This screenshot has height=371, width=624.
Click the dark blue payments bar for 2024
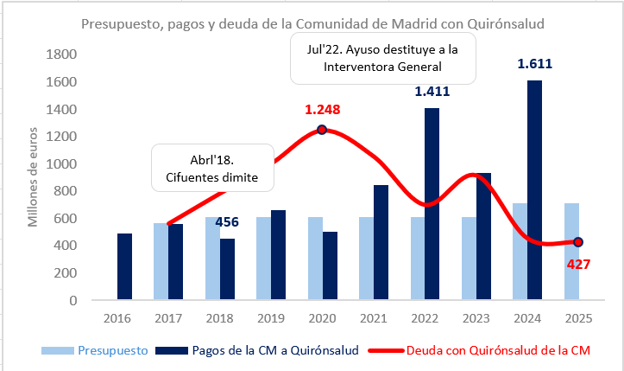click(x=535, y=190)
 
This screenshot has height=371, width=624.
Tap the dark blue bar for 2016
click(x=124, y=267)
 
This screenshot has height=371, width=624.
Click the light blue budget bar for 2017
click(x=161, y=262)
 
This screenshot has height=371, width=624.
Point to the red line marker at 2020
click(x=322, y=130)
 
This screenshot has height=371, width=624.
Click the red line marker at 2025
click(x=578, y=242)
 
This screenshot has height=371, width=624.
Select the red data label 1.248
click(x=322, y=110)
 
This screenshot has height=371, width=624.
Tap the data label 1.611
click(x=534, y=63)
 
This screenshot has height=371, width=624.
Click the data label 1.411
click(x=432, y=91)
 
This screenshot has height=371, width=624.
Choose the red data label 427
click(x=577, y=264)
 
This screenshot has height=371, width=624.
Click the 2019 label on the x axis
click(x=270, y=317)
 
